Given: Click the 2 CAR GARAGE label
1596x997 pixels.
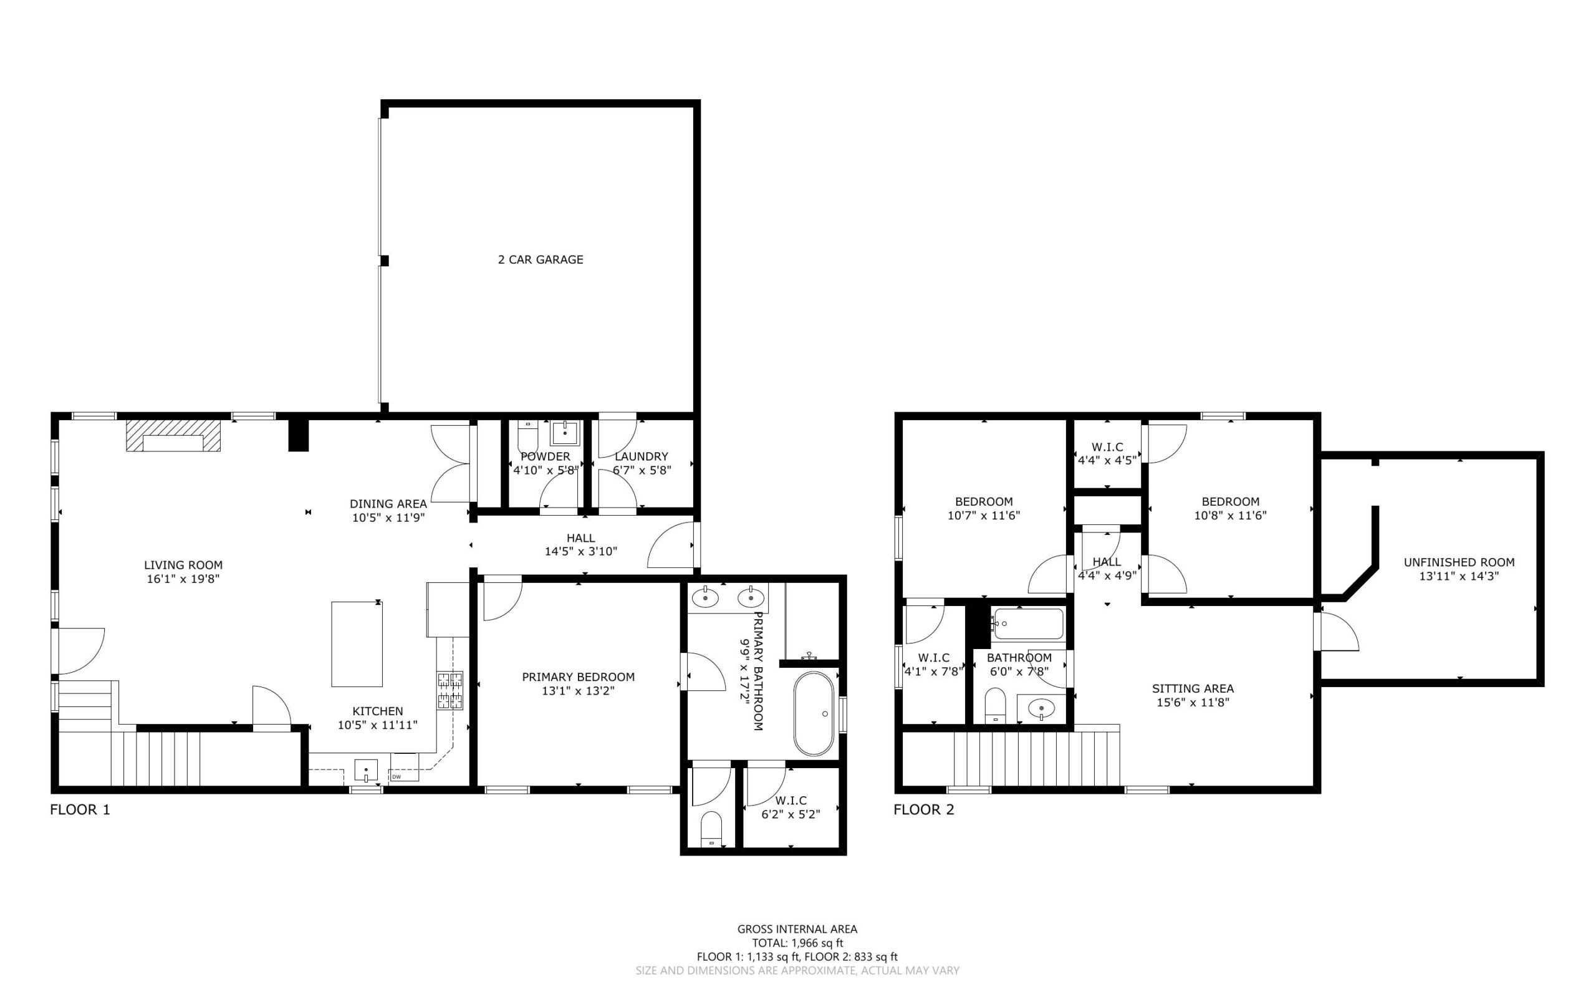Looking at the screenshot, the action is (x=540, y=260).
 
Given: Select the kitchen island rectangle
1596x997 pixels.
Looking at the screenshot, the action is (x=357, y=643).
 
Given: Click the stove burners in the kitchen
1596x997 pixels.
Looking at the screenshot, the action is (x=449, y=690).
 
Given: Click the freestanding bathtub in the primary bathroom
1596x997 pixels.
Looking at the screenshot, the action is (x=814, y=713).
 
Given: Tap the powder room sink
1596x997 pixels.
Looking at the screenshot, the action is (x=565, y=433).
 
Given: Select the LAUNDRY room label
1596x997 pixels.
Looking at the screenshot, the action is (x=642, y=456).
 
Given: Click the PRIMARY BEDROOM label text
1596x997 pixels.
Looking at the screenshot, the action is (x=578, y=677).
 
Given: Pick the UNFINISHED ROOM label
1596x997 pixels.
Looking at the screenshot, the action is (x=1459, y=562).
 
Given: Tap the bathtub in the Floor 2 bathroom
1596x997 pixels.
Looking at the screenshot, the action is (x=1028, y=624).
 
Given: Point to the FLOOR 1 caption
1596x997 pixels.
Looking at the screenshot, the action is (x=80, y=810).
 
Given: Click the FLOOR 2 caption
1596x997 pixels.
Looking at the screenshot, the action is (x=923, y=810).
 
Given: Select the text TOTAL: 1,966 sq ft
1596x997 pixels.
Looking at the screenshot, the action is (x=797, y=943).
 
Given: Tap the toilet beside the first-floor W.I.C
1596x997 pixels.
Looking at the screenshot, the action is (x=711, y=829).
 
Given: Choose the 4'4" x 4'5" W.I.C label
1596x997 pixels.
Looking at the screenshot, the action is (x=1107, y=460).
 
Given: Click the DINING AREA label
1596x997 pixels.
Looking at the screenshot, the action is (x=388, y=504).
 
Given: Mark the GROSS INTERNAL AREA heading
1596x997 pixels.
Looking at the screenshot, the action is (x=797, y=929).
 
